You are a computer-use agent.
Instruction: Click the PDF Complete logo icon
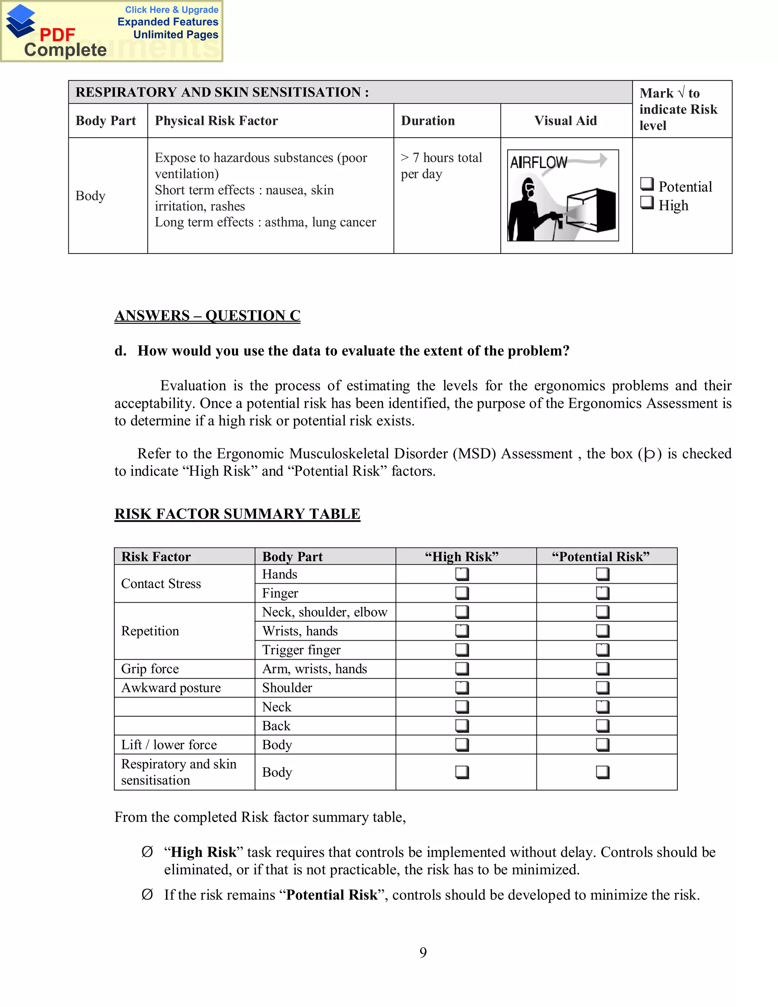point(21,21)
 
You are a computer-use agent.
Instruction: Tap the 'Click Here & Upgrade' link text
point(171,9)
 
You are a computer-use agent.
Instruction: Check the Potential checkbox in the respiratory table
point(647,184)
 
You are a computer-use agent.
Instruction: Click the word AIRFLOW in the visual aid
point(538,163)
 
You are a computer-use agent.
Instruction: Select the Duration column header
point(427,121)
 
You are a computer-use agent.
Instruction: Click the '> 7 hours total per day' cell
point(441,166)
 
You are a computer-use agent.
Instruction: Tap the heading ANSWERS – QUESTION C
point(207,315)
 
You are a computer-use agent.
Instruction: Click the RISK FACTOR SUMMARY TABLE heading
point(237,514)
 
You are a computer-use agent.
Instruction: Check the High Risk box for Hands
point(462,574)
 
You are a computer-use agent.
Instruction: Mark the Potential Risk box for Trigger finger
point(602,650)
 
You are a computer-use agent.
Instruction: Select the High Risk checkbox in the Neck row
point(462,706)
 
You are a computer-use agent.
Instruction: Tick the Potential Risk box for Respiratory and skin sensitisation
point(602,772)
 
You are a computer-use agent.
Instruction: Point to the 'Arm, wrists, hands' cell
point(314,668)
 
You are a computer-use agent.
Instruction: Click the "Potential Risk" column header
point(601,557)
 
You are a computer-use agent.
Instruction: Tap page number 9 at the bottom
point(423,952)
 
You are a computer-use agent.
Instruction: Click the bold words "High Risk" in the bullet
point(203,852)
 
